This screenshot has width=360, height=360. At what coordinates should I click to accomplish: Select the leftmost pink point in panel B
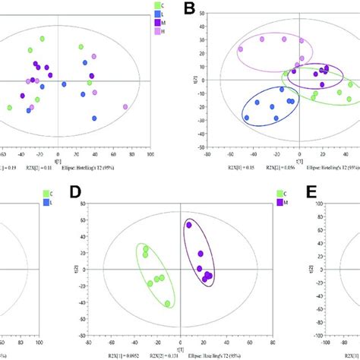[241, 49]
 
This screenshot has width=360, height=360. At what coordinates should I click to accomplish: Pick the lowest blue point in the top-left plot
[95, 118]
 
